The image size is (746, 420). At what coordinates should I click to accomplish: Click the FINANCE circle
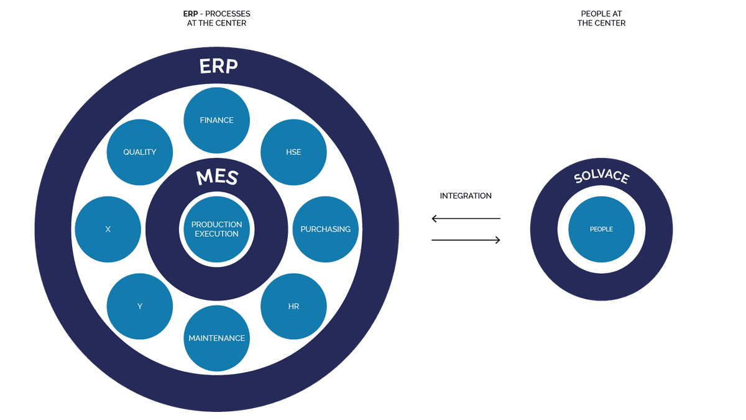[x=217, y=120]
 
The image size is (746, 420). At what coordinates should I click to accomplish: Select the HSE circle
[x=293, y=152]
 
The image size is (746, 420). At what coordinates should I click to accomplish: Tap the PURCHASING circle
[x=325, y=229]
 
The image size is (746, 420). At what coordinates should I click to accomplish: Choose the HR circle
[x=293, y=306]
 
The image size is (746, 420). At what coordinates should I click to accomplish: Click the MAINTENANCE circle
[x=217, y=338]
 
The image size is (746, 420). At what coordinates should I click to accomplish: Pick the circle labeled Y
[x=140, y=306]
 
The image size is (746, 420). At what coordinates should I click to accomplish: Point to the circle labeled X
[x=108, y=229]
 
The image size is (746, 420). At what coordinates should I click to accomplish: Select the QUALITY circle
[x=140, y=152]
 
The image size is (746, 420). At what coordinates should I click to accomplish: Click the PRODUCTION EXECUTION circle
[x=217, y=229]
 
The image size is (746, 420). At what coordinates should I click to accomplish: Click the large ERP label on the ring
[x=218, y=66]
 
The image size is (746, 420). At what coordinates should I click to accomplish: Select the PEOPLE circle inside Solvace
[x=601, y=229]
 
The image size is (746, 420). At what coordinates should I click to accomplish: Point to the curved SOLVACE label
[x=601, y=177]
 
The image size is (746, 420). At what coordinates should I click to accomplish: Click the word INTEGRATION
[x=466, y=195]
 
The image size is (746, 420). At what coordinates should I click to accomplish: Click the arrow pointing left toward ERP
[x=466, y=218]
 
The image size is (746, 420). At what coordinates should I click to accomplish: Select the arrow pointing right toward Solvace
[x=466, y=240]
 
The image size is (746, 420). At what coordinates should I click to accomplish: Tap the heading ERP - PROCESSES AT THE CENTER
[x=217, y=18]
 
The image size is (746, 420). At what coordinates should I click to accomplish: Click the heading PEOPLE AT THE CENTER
[x=601, y=18]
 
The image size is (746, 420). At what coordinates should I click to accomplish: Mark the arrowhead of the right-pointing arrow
[x=497, y=240]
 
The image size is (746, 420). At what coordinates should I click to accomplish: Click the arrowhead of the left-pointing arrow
[x=435, y=218]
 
